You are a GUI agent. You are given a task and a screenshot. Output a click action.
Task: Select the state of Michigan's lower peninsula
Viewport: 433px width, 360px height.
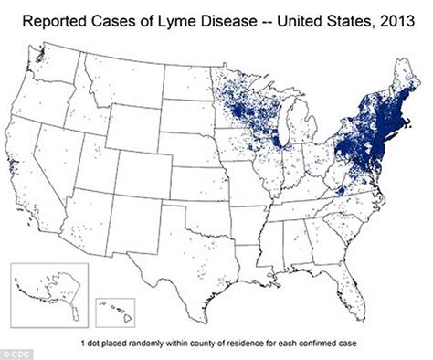coord(305,119)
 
